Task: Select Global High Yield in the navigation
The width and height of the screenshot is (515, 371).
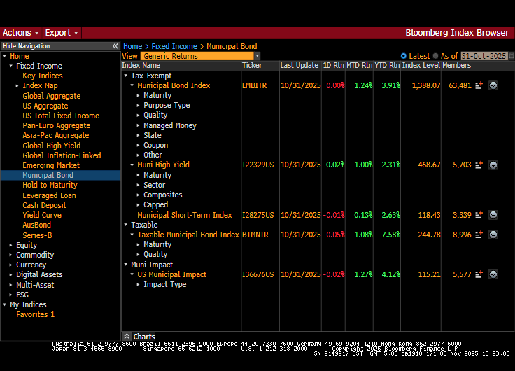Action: click(x=52, y=146)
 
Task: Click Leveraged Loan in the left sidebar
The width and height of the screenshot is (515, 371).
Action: click(x=49, y=195)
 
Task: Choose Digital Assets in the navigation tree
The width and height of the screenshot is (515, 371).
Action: click(x=39, y=275)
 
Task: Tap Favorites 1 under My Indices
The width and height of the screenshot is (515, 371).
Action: click(x=35, y=315)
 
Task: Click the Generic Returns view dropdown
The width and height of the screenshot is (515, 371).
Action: click(x=200, y=56)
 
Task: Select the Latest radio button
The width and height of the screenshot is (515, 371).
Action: click(x=404, y=56)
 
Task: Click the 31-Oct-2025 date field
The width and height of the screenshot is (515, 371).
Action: click(x=484, y=56)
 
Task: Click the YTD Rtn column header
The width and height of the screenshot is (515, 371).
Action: click(x=386, y=65)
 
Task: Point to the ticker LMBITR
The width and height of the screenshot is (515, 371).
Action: click(x=255, y=85)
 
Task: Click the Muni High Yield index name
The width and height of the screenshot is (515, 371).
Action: click(x=163, y=164)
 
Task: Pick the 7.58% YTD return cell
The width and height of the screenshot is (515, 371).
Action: click(x=390, y=234)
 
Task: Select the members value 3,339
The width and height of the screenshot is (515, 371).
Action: click(x=459, y=215)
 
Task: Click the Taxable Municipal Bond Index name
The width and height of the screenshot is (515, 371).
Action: click(x=188, y=234)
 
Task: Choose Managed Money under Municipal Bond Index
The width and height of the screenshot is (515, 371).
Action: click(x=170, y=125)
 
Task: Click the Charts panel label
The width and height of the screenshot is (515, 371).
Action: click(x=143, y=337)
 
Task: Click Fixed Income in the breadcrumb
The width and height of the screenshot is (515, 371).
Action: click(x=174, y=46)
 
